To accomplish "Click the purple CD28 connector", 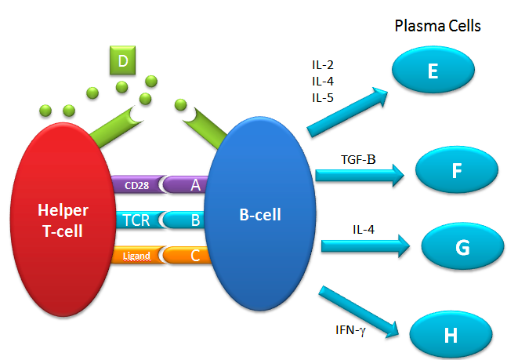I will click(x=138, y=185).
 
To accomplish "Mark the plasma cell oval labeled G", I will click(x=462, y=247).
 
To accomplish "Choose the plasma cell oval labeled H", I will click(x=450, y=335).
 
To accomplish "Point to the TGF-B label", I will click(x=358, y=160).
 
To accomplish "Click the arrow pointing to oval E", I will click(x=349, y=111).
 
